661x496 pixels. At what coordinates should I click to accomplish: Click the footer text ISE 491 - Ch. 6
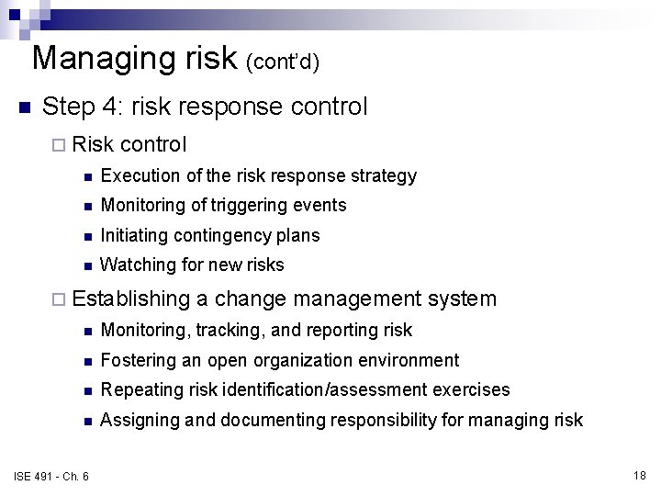point(52,474)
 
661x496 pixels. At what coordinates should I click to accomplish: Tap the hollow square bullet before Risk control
point(59,145)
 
